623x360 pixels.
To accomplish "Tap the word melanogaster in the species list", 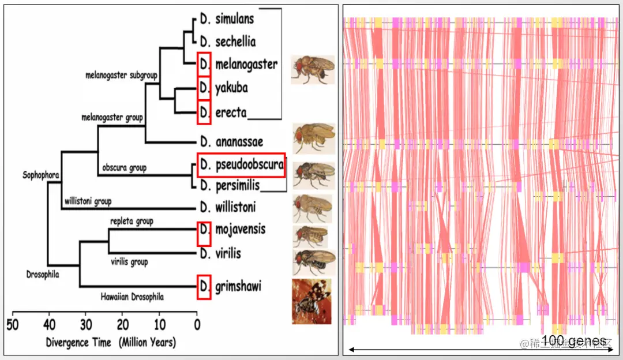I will tap(246, 64).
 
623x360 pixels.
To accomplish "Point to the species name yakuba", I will tap(231, 88).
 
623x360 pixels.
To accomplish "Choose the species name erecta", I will tap(231, 112).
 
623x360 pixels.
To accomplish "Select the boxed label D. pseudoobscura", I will tap(241, 165).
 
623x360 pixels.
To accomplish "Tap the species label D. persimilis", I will tap(230, 186).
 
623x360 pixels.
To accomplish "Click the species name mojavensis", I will tap(241, 230).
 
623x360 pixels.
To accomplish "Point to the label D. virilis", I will tap(220, 253).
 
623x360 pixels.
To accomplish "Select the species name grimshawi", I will tap(237, 286).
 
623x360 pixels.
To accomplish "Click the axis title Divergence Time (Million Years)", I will tap(111, 342).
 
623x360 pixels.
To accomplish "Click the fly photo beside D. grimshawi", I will tap(311, 301).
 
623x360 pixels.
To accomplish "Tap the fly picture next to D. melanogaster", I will tap(312, 70).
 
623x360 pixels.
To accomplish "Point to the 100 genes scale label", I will tap(575, 341).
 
